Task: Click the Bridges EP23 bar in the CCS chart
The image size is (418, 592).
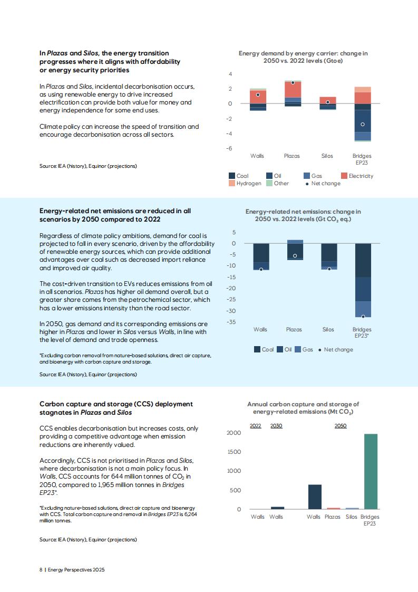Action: tap(371, 472)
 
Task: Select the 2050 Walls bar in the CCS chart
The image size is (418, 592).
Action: tap(315, 497)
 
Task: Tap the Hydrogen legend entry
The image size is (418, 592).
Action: tap(245, 184)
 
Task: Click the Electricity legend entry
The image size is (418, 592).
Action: tap(357, 176)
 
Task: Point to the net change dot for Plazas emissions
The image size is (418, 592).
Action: tap(295, 256)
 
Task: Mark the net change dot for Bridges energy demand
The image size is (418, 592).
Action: tap(363, 124)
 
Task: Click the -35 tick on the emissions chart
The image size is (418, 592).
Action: tap(231, 322)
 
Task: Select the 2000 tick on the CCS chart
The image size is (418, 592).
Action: tap(234, 433)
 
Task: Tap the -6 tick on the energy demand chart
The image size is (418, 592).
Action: tap(229, 148)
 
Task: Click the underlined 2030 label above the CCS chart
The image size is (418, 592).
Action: tap(276, 425)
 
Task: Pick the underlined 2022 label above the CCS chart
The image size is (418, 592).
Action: tap(256, 425)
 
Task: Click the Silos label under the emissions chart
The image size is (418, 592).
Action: tap(328, 330)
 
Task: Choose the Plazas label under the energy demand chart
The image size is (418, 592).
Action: tap(291, 156)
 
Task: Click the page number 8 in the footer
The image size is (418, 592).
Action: tap(41, 570)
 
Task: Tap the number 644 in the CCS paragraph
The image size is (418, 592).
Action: tap(117, 476)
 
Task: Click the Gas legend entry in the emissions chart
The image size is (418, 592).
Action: tap(304, 350)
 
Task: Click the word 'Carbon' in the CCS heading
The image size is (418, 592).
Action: tap(51, 404)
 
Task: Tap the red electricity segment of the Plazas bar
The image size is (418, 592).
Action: tap(293, 90)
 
